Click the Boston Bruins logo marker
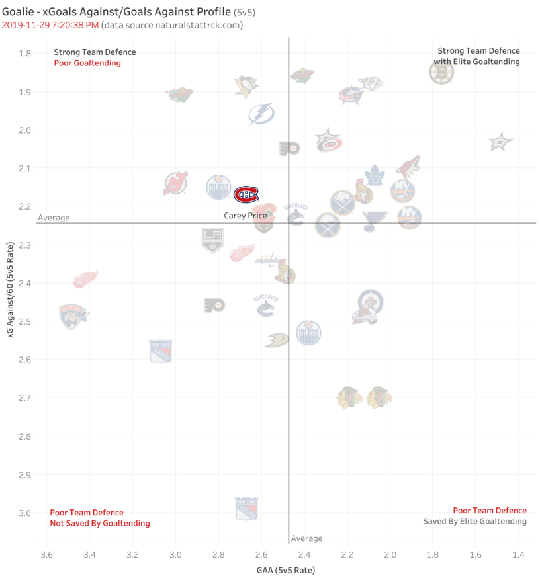(441, 72)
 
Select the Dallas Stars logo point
(501, 142)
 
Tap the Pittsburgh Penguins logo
(246, 87)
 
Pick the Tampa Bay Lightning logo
(261, 114)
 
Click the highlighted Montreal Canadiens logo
(246, 194)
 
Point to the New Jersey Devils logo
(175, 183)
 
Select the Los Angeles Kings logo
(212, 240)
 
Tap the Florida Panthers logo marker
(73, 317)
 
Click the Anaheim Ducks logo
(277, 340)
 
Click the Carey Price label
(246, 216)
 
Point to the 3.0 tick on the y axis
(24, 513)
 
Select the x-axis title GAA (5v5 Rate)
(286, 570)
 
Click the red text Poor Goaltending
(87, 63)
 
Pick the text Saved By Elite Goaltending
(474, 521)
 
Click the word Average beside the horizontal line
(54, 218)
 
